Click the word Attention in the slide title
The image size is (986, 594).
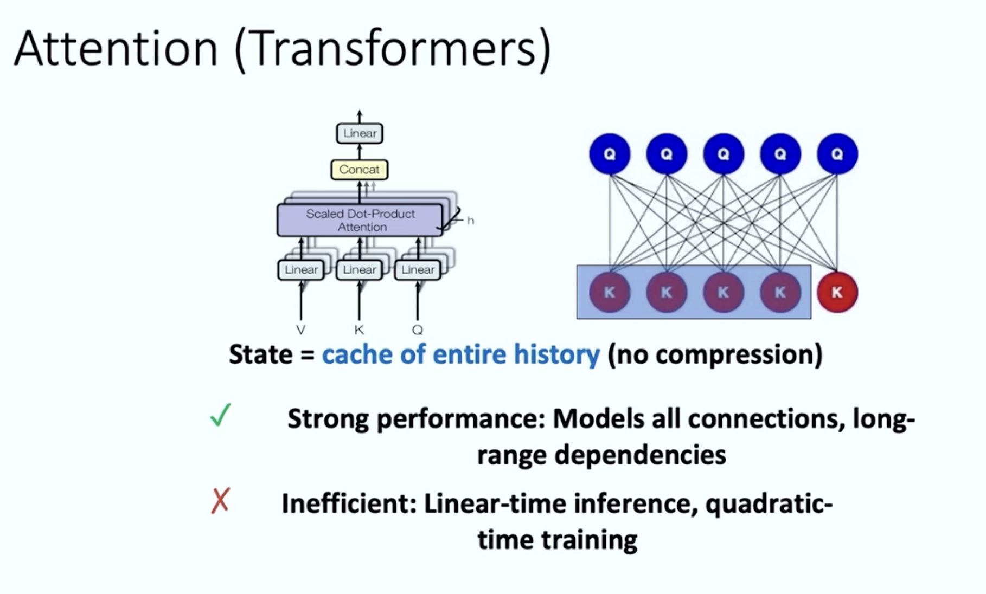pos(116,49)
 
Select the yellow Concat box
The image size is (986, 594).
pos(359,170)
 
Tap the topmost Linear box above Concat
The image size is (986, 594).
pos(360,133)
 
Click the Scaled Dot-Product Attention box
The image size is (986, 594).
pos(360,220)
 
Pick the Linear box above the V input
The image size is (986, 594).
pos(301,270)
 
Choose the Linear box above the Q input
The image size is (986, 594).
pos(418,270)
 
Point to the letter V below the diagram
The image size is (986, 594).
pos(301,330)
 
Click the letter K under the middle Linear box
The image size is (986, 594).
pos(359,330)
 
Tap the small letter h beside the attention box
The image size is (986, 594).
pos(470,221)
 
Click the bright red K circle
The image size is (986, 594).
pos(837,293)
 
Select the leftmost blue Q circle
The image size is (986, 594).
pos(610,154)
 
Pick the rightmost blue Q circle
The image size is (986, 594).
pos(837,154)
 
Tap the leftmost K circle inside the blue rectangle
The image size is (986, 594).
pos(610,293)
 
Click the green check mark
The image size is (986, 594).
pos(221,416)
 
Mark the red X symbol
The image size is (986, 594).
pos(220,501)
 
